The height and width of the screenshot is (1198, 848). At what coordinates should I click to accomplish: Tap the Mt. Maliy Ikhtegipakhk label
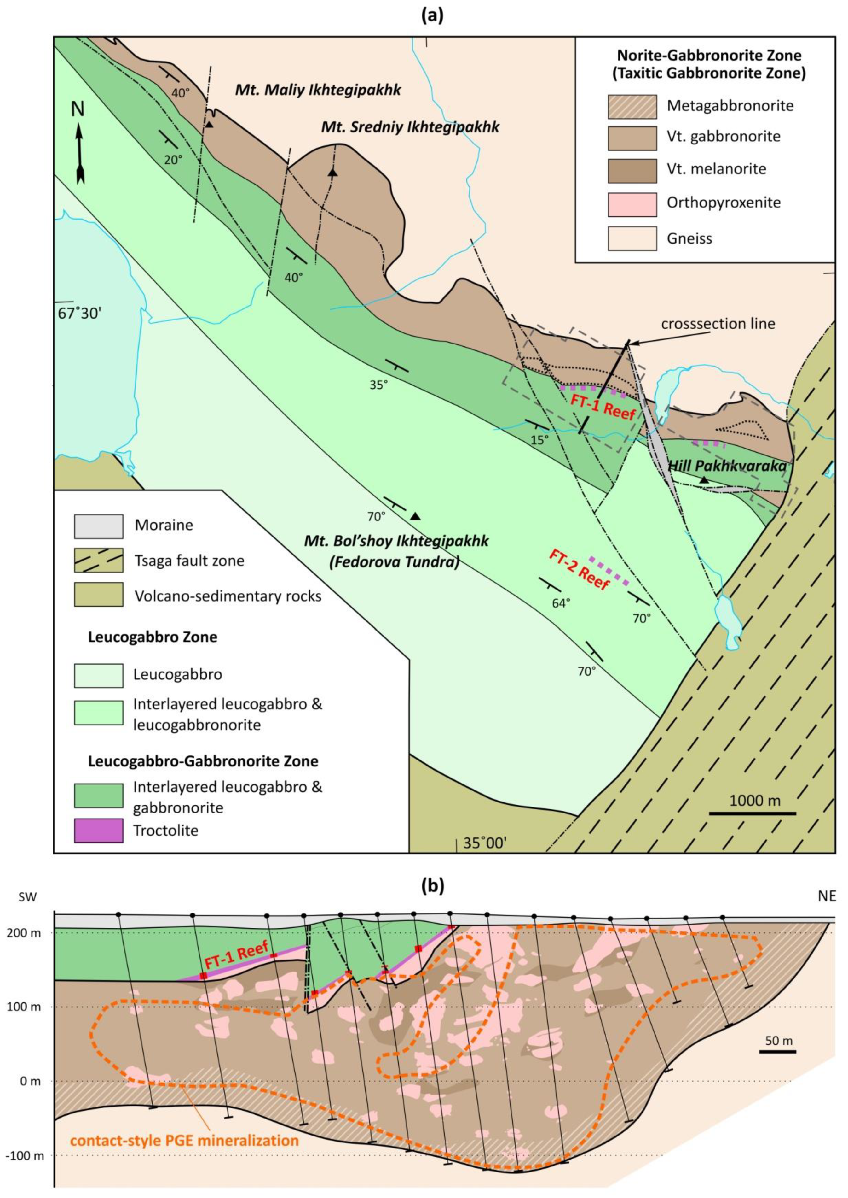tap(318, 90)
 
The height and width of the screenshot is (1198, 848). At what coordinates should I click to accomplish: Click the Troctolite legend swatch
tap(99, 830)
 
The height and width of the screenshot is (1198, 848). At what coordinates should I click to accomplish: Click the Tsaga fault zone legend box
tap(99, 561)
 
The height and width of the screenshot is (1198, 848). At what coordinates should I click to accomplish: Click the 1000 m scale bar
tap(753, 813)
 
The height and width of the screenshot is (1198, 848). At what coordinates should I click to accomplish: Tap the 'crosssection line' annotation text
tap(718, 324)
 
